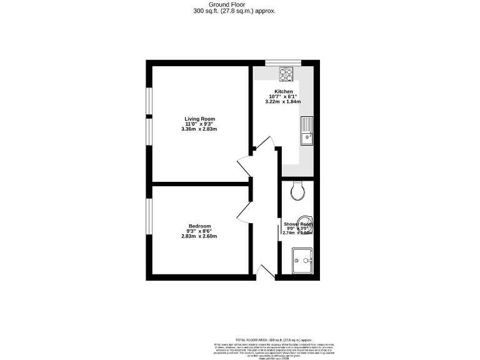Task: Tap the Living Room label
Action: [x=199, y=119]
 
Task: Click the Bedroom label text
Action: [x=199, y=226]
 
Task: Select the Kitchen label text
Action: [x=284, y=91]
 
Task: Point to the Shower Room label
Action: [x=297, y=224]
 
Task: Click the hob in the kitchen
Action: [x=286, y=74]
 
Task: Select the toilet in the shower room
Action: [x=298, y=189]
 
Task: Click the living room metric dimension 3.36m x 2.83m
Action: [x=199, y=129]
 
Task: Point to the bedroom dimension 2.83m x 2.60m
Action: [x=199, y=236]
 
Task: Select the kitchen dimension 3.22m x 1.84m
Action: [x=284, y=101]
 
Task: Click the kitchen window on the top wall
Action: [x=282, y=62]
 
